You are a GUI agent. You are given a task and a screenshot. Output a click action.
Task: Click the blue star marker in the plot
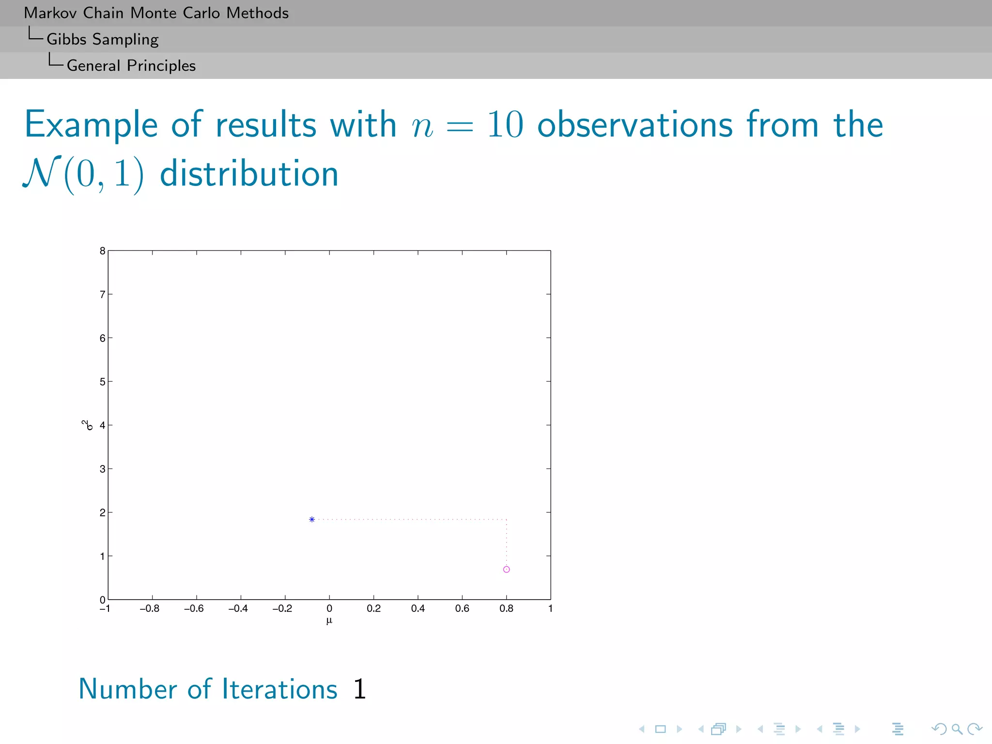click(312, 519)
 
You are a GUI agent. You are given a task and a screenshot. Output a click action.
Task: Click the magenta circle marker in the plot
click(506, 569)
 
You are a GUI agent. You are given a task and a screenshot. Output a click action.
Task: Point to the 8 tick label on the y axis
click(102, 251)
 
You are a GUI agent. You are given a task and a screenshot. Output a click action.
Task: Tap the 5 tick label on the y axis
click(102, 382)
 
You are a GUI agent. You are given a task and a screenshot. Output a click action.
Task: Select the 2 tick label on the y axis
click(102, 512)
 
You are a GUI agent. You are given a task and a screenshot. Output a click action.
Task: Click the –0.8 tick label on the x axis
click(149, 608)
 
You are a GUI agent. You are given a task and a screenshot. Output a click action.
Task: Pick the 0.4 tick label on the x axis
click(418, 608)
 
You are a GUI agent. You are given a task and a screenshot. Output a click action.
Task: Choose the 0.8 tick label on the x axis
click(506, 608)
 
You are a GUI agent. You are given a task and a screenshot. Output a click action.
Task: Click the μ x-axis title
click(329, 620)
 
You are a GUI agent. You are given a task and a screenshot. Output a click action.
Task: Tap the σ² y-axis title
click(87, 425)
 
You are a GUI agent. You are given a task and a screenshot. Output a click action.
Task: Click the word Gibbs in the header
click(66, 39)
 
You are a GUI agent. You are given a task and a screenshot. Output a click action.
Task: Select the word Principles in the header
click(161, 65)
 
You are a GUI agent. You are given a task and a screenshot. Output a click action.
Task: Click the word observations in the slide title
click(635, 124)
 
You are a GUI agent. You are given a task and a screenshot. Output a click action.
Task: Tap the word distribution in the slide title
click(249, 174)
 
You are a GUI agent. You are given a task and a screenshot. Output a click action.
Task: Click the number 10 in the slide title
click(505, 124)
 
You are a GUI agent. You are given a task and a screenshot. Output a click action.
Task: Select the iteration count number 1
click(359, 689)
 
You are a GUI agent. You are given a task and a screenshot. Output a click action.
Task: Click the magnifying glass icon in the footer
click(957, 729)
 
